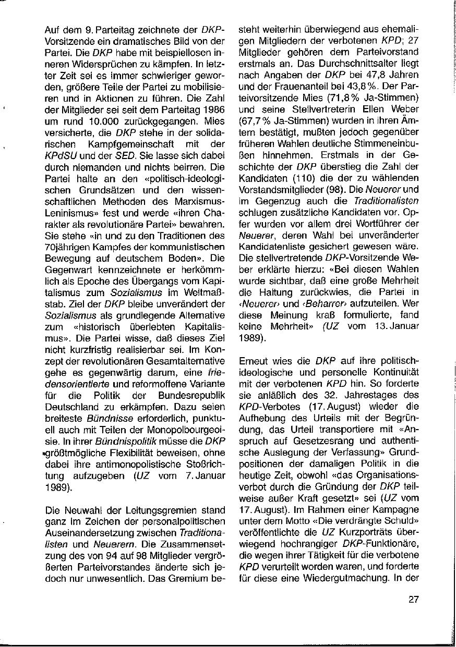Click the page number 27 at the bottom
click(x=413, y=599)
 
